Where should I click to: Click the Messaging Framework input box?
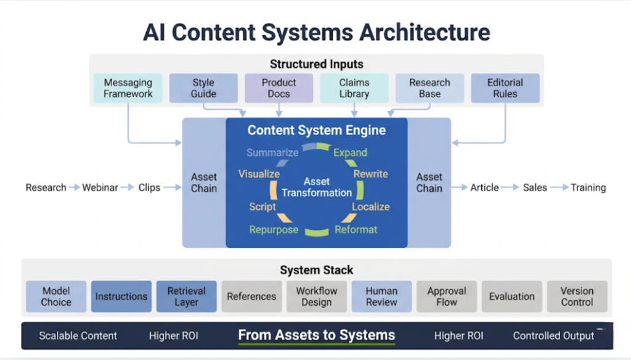(x=128, y=88)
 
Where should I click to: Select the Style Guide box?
(x=203, y=88)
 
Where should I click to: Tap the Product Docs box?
(x=279, y=88)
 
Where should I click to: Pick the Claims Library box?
(x=354, y=88)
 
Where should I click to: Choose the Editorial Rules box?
(x=505, y=88)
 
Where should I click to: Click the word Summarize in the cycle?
(x=272, y=152)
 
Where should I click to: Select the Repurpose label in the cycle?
(x=274, y=229)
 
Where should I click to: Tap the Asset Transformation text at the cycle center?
(x=317, y=187)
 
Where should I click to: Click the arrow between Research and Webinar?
(x=74, y=187)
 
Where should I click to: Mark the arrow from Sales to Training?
(x=559, y=187)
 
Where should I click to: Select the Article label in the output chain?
(x=484, y=187)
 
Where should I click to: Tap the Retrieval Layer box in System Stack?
(x=186, y=297)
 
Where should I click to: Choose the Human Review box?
(x=381, y=297)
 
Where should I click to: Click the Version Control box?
(x=577, y=297)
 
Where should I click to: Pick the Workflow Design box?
(x=317, y=297)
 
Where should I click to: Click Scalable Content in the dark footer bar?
(x=78, y=336)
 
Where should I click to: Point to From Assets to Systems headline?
(x=317, y=335)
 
